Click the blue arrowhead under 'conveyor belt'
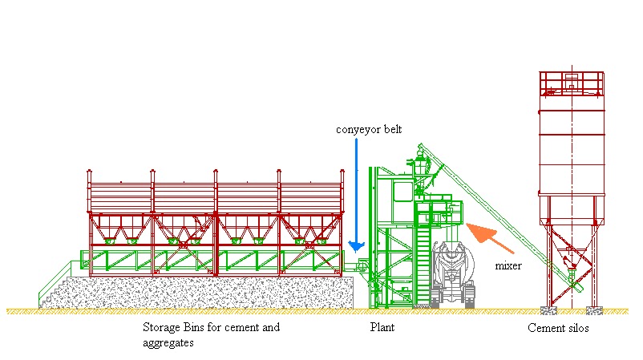coord(355,244)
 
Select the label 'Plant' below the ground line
coord(382,327)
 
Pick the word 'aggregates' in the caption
coord(164,342)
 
